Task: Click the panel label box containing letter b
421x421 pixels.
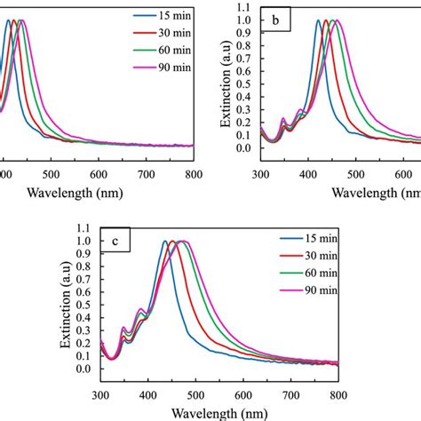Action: [x=278, y=19]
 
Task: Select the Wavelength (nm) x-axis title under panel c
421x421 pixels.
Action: [x=218, y=412]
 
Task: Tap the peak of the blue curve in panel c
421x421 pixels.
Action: [x=165, y=241]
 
